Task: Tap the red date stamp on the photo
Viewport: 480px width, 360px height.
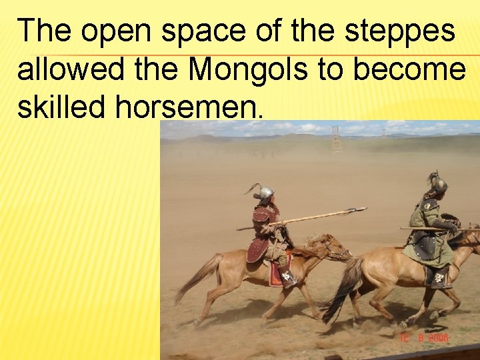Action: point(425,338)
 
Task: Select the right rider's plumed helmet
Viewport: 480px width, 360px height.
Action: point(438,183)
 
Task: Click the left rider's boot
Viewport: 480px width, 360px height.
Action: point(289,279)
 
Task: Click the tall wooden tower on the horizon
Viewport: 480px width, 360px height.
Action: point(336,139)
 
